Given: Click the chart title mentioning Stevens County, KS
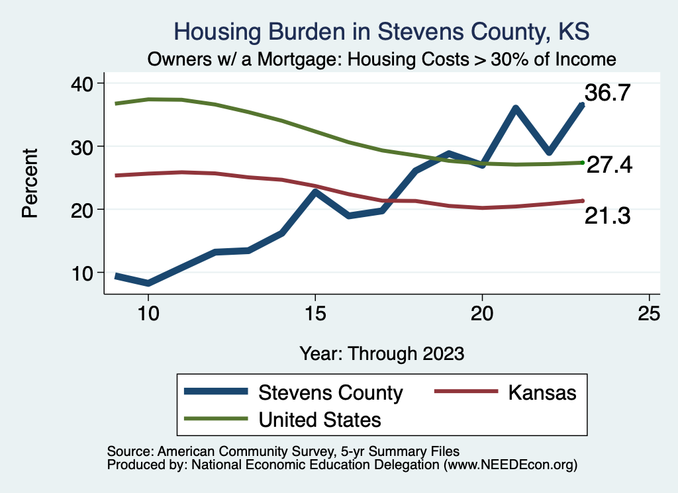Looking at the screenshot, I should pos(381,32).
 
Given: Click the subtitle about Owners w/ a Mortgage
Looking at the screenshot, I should pos(382,59).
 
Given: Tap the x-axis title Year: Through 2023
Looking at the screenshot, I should pos(381,353).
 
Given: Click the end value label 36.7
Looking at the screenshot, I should pos(606,93).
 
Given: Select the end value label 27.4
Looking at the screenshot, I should pos(609,165).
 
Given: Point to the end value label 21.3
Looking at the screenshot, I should pos(606,214).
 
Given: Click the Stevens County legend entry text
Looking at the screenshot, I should pos(330,392).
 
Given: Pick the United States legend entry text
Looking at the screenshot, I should pos(320,419).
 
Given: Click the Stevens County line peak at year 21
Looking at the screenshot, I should pos(515,109).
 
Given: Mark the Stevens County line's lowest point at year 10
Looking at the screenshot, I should pos(148,283).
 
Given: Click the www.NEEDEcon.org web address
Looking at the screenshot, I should pos(510,465).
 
